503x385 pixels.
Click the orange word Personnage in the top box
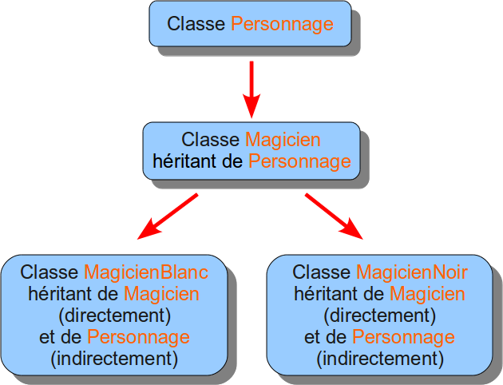coord(282,24)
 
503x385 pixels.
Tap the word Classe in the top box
coord(196,24)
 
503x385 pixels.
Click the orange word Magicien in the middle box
coord(283,140)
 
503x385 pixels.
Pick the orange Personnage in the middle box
coord(299,161)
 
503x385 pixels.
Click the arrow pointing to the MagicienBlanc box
coord(167,216)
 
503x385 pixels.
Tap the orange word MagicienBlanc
coord(146,273)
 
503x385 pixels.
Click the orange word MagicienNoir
coord(412,273)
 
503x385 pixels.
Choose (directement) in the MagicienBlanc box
coord(115,315)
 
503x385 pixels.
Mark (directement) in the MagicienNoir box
coord(380,315)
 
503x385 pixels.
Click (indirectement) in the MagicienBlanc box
coord(115,357)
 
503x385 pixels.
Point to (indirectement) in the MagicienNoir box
coord(380,357)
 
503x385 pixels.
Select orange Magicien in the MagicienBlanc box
coord(161,294)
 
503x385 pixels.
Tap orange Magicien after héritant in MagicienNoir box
coord(427,294)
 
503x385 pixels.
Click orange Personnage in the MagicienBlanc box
coord(138,336)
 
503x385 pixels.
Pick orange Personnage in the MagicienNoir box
coord(403,336)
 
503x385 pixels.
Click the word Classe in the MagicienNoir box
coord(321,273)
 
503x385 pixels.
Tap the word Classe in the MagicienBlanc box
coord(49,273)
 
